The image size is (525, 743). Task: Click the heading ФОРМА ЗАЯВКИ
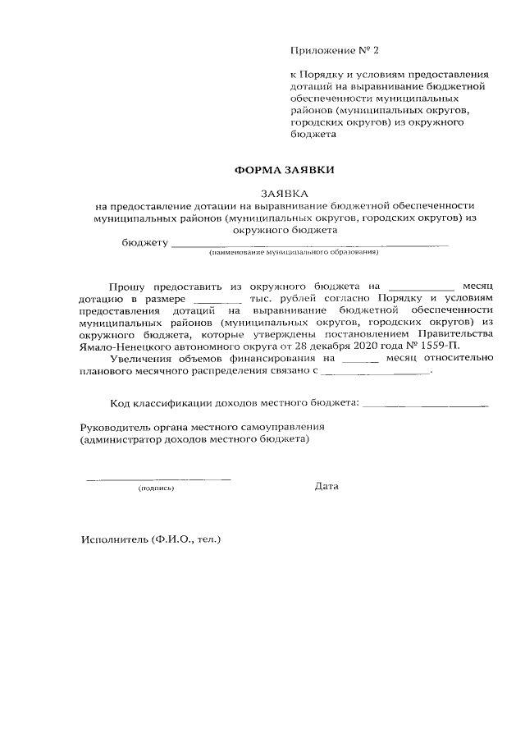285,170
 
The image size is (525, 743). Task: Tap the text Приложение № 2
336,51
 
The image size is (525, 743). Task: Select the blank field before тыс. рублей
219,300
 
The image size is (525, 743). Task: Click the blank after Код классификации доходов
425,403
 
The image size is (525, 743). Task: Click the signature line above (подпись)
158,478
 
